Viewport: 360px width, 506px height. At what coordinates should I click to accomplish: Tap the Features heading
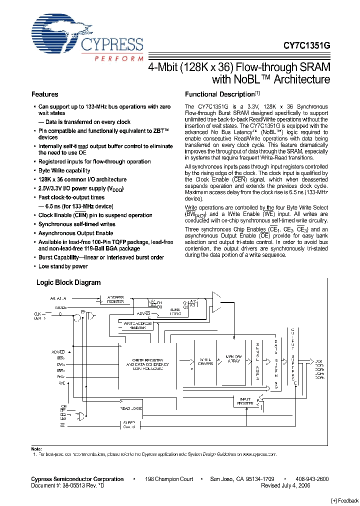(45, 94)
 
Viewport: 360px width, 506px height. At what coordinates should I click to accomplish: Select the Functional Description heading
(220, 94)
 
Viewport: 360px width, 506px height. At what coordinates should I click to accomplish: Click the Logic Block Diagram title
(68, 282)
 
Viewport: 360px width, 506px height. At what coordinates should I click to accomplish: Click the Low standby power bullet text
(63, 266)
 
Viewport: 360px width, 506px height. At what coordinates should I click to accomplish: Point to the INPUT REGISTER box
(245, 400)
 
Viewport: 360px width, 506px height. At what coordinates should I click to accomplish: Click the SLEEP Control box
(129, 425)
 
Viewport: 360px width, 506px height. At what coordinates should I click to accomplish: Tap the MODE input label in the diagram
(60, 307)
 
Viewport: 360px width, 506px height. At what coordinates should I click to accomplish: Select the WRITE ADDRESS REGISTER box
(138, 325)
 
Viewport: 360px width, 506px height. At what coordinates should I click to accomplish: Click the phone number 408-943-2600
(312, 479)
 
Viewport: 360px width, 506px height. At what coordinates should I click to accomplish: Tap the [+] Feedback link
(345, 500)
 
